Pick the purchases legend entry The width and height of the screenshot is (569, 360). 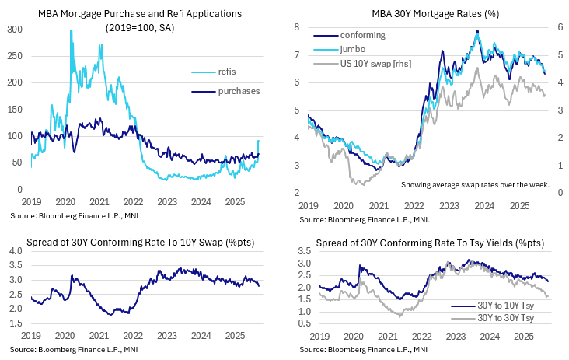click(x=237, y=91)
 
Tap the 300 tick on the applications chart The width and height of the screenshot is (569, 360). click(x=16, y=29)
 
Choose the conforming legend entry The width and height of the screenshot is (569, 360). click(x=361, y=35)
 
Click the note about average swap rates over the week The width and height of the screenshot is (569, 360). click(x=475, y=185)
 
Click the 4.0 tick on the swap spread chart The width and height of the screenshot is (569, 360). click(x=16, y=252)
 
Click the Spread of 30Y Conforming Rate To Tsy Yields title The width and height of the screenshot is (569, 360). click(x=431, y=243)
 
